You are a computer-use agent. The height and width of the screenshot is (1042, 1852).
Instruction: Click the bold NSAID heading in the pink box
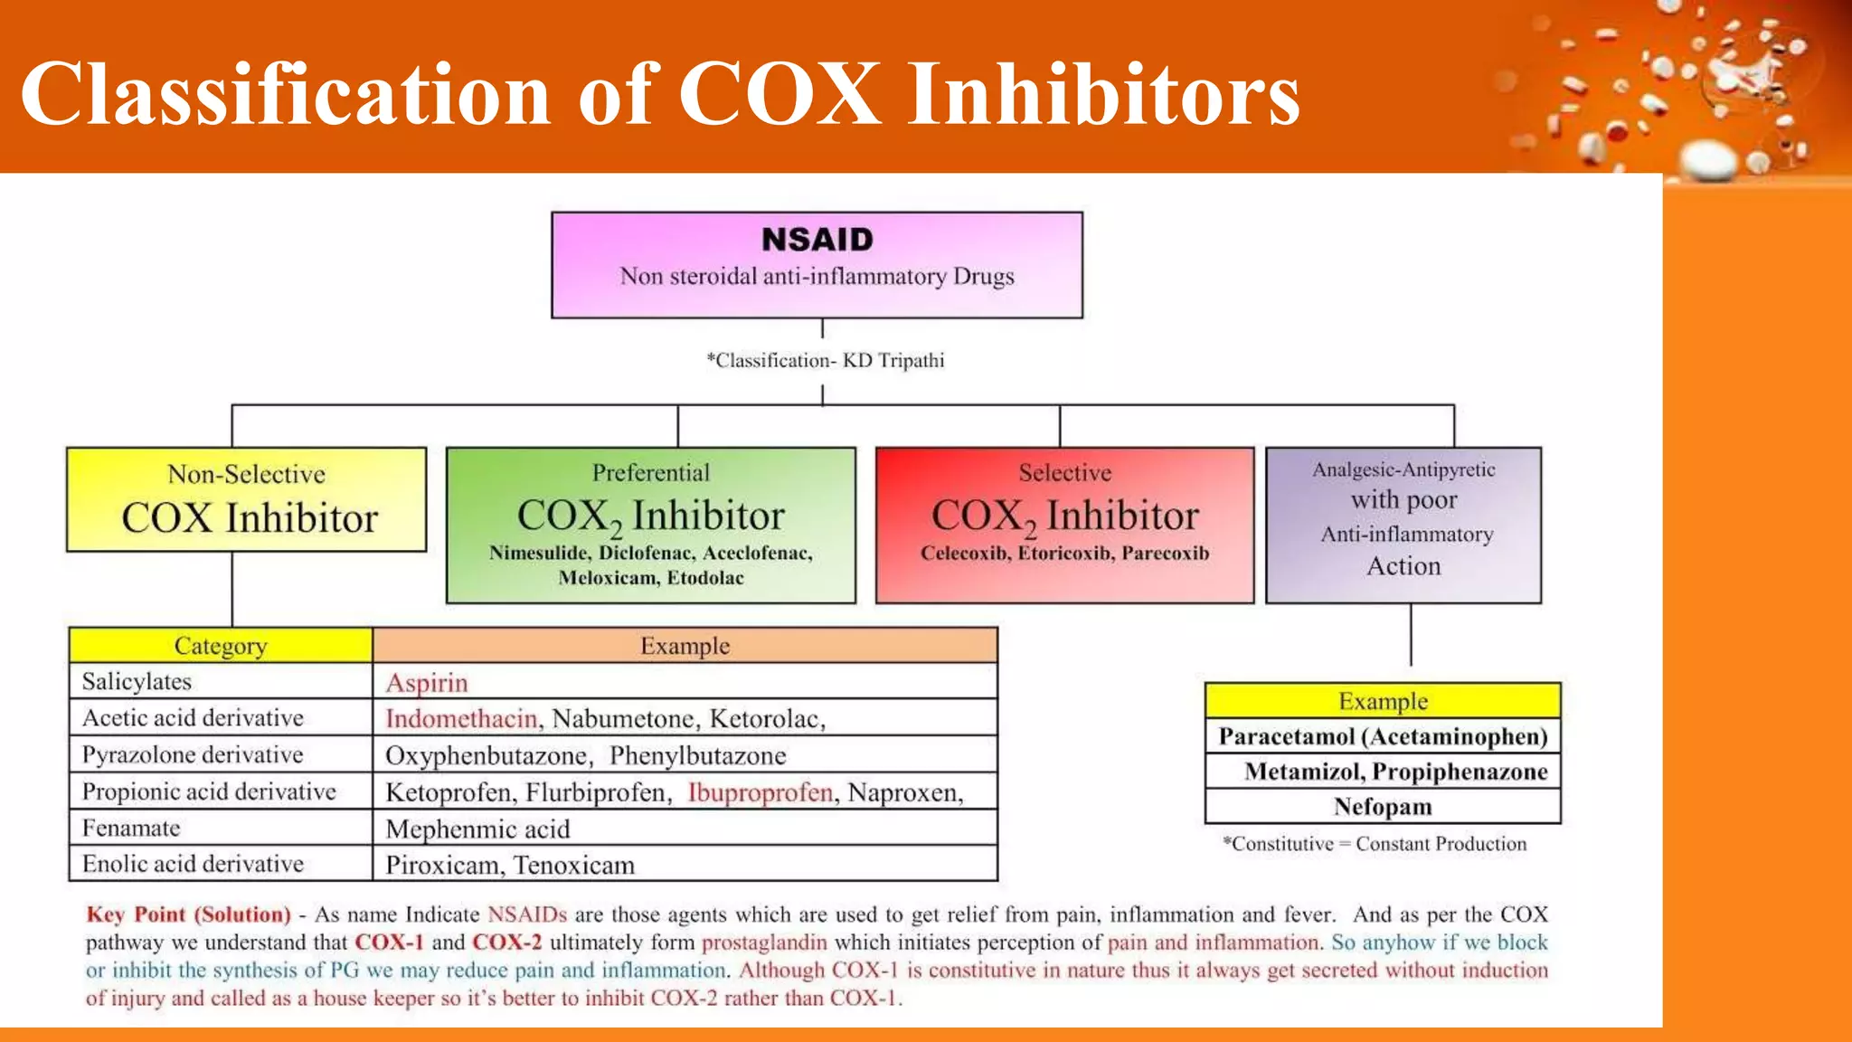tap(817, 240)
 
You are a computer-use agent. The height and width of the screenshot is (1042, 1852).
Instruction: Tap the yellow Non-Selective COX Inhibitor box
tap(246, 499)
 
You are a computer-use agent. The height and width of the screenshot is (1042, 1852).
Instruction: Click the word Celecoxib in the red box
tap(965, 554)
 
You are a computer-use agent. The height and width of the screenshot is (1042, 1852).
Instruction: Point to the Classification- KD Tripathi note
tap(826, 361)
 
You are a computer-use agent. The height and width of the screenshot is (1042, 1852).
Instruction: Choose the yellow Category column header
tap(221, 646)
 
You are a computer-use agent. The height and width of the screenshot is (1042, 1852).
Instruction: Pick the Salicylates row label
tap(137, 681)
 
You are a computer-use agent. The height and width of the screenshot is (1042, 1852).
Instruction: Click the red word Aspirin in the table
tap(427, 683)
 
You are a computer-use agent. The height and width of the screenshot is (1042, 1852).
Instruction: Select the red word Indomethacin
tap(461, 719)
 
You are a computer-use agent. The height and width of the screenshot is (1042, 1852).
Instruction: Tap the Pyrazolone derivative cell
tap(193, 754)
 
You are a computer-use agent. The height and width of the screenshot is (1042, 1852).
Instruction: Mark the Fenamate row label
tap(131, 828)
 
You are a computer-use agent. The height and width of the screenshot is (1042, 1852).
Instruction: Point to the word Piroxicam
tap(441, 866)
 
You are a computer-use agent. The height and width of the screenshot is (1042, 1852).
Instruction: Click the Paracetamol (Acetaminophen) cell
tap(1383, 736)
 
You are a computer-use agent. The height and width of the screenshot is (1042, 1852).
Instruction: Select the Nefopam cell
tap(1383, 806)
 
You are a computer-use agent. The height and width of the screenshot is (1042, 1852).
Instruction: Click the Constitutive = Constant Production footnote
tap(1375, 844)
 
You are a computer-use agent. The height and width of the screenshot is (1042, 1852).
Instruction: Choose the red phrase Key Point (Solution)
tap(189, 914)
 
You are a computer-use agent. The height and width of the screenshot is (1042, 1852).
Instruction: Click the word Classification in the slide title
tap(286, 93)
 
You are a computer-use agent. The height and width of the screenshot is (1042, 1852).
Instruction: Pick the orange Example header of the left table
tap(685, 646)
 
